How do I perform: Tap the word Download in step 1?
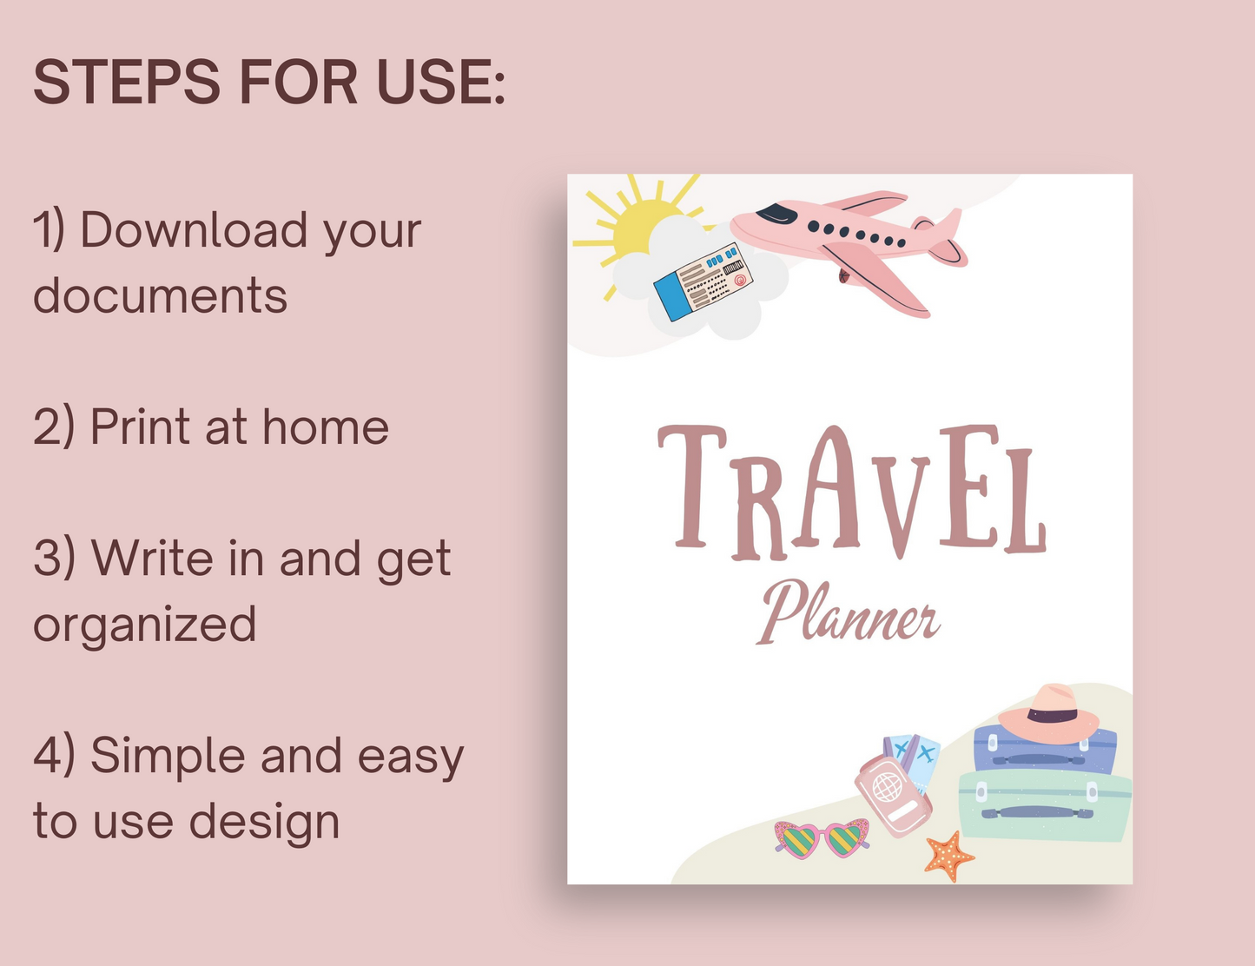194,231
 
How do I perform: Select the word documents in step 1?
160,296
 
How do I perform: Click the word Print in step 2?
140,427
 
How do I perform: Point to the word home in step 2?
326,427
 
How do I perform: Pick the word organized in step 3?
144,625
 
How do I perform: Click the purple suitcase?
1042,754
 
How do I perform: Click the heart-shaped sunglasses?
822,838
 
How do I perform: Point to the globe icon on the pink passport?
888,788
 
